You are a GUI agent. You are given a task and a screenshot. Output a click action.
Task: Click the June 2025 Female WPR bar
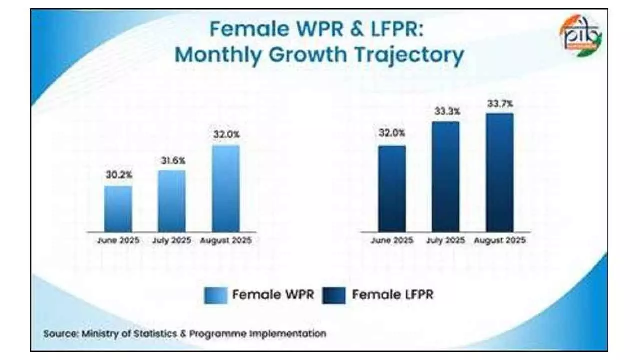point(118,209)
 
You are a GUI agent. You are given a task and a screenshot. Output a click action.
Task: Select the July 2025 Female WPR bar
point(172,201)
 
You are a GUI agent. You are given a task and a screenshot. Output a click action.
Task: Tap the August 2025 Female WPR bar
point(226,188)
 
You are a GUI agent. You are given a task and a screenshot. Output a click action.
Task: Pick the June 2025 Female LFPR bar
point(392,189)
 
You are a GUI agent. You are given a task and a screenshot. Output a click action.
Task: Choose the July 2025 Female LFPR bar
point(446,176)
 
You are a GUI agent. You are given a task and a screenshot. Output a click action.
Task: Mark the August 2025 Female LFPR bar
point(499,172)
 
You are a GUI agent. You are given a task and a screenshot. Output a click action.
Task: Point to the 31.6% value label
point(173,160)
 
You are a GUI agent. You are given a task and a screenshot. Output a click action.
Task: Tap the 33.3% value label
point(446,112)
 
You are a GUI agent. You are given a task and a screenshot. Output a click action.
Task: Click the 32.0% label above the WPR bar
point(226,134)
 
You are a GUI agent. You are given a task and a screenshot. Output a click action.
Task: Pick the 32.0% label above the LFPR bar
point(392,133)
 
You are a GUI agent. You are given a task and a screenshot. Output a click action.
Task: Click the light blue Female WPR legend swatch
point(215,295)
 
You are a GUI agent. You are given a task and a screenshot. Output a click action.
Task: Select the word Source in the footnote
point(60,333)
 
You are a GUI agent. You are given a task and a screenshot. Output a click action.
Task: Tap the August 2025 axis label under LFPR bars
point(499,241)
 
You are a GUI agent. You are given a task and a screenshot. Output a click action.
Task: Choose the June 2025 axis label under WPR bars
point(118,241)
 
